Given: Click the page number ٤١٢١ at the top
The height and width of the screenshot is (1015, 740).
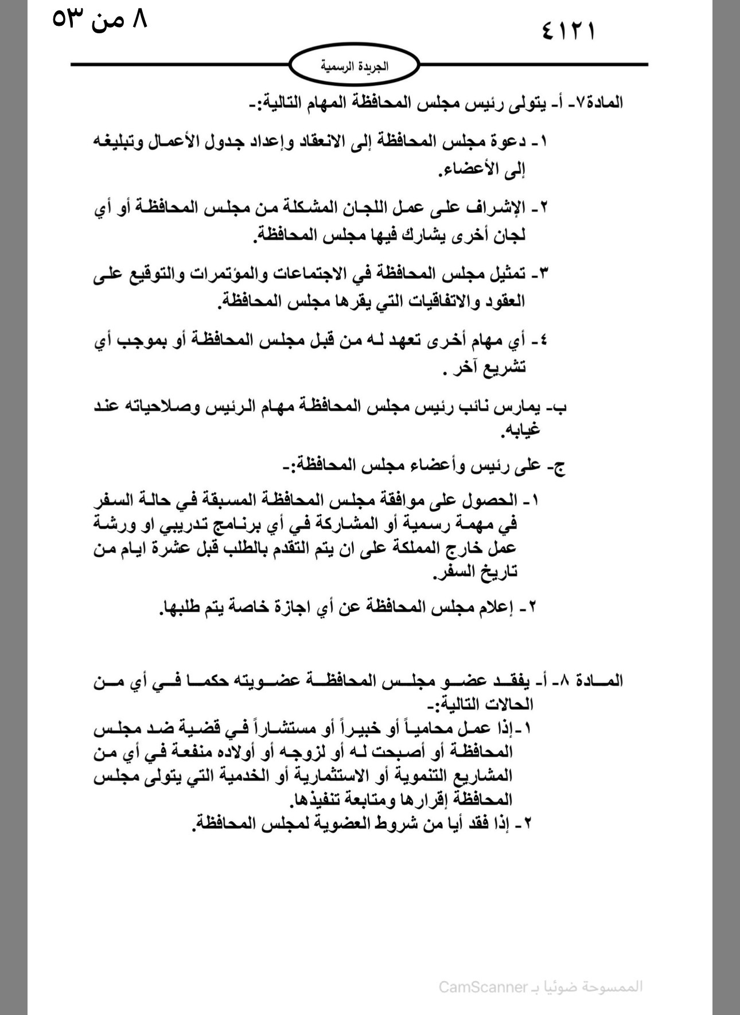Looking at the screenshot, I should [567, 30].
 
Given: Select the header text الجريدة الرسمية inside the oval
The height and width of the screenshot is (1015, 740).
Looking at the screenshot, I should [354, 66].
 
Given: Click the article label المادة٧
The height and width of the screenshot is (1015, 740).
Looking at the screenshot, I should [599, 103].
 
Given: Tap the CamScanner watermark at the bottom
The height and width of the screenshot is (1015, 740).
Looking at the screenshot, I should [540, 986].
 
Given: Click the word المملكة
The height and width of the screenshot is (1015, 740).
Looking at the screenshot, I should [429, 547].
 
